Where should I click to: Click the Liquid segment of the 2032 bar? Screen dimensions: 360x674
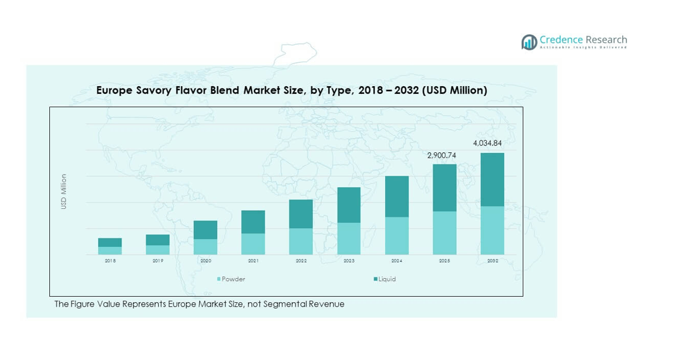coord(492,179)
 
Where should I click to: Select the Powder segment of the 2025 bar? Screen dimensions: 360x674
coord(445,232)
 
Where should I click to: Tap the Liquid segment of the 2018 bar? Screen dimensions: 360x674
coord(110,242)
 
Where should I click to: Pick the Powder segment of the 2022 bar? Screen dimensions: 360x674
coord(301,241)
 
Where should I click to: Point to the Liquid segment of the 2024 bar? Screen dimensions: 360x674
coord(397,196)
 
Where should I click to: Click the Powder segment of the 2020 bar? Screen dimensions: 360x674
coord(206,246)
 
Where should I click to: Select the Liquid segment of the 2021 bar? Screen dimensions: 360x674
coord(253,222)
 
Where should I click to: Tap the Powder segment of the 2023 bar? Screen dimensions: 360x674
coord(349,238)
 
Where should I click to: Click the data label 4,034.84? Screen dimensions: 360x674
coord(487,143)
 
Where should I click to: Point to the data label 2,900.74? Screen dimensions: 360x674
coord(442,155)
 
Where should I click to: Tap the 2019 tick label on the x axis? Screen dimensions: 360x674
coord(158,261)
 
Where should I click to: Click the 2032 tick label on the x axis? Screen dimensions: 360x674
coord(492,261)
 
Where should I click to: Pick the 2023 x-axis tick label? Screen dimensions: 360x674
coord(349,261)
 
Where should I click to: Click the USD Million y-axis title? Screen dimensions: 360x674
coord(64,191)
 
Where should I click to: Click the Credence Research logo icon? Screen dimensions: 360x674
coord(530,42)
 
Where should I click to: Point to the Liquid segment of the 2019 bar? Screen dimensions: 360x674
coord(158,240)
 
